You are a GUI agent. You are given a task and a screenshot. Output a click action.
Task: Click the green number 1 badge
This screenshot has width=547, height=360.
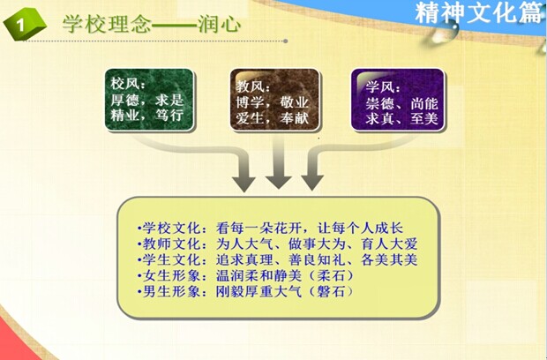(25, 24)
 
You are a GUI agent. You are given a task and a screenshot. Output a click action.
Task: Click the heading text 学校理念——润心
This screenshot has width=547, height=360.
(152, 25)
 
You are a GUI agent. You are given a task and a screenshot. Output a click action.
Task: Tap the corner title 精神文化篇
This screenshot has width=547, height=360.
(479, 12)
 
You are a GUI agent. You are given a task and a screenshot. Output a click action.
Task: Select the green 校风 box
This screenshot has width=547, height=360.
(149, 100)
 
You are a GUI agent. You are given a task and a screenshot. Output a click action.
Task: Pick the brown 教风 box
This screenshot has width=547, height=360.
(274, 100)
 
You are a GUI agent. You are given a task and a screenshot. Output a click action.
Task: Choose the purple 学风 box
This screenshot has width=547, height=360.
(398, 100)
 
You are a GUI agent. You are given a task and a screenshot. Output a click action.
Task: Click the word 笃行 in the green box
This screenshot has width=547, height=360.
(169, 115)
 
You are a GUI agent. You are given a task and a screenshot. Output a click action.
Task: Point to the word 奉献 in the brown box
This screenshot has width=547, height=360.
(294, 118)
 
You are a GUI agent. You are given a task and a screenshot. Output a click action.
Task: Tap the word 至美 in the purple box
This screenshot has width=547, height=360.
(423, 118)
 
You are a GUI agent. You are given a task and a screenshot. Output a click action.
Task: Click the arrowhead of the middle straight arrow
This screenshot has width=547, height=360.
(279, 182)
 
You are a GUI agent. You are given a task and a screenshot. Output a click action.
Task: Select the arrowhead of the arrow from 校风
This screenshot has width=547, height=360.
(244, 184)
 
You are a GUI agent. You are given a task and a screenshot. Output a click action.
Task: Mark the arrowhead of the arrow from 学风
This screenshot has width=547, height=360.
(312, 184)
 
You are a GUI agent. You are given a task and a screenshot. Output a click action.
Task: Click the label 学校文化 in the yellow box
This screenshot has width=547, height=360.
(171, 229)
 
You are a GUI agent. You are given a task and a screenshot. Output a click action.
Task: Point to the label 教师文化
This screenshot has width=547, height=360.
(171, 244)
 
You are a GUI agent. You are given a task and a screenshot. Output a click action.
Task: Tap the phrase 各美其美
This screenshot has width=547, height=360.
(389, 260)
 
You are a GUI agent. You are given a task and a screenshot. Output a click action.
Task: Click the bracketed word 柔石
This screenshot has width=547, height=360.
(330, 276)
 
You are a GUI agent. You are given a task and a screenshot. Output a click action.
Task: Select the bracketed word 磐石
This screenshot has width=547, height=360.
(330, 291)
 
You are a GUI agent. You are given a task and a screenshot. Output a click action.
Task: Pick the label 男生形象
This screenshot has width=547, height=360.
(171, 291)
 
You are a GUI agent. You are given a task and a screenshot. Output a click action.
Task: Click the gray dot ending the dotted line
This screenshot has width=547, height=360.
(285, 41)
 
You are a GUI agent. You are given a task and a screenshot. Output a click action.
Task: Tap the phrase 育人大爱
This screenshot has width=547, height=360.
(389, 244)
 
